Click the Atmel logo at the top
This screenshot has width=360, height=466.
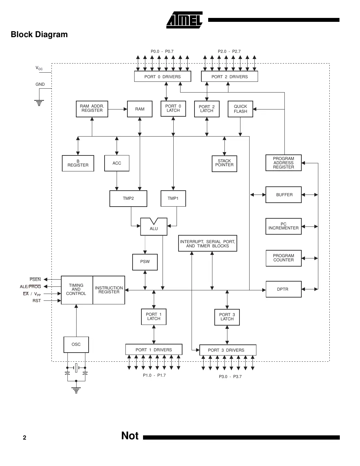tap(184, 20)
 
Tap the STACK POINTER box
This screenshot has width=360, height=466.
tap(224, 163)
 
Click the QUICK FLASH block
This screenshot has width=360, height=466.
tap(240, 109)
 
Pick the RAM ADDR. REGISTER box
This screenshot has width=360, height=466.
tap(92, 109)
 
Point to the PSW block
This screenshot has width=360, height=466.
tap(145, 262)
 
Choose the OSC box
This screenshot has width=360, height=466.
tap(76, 344)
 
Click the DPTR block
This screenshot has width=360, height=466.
tap(283, 289)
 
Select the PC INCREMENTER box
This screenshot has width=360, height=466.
tap(283, 226)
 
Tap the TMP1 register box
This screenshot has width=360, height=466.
tap(173, 198)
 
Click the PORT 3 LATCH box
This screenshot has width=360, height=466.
tap(227, 317)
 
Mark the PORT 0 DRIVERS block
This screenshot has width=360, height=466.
tap(163, 77)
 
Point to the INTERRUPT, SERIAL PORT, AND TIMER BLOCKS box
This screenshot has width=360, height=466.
tap(208, 243)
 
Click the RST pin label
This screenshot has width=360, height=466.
tap(36, 301)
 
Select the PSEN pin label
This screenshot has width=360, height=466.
tap(35, 280)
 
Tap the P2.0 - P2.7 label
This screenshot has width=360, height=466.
tap(229, 51)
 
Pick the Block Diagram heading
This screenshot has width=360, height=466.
tap(39, 35)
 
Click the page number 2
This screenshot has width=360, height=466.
tap(24, 438)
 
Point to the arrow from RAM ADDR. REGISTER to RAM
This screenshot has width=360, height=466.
tap(118, 109)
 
